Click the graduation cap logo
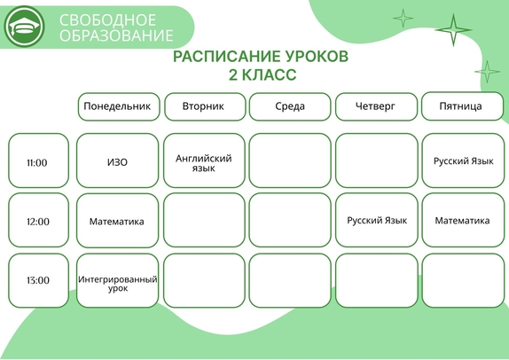[24, 27]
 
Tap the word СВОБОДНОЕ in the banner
[107, 20]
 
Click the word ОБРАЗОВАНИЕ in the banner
[116, 35]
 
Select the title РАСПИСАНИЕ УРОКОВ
[261, 57]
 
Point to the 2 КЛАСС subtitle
[262, 74]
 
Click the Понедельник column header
[119, 106]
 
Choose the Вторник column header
[205, 106]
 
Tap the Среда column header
[290, 106]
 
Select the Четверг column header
[376, 106]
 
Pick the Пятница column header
[462, 106]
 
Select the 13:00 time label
[38, 280]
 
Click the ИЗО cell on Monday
[118, 160]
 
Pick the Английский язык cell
[204, 160]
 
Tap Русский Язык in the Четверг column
[377, 220]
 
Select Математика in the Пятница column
[463, 220]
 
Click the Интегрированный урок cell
[118, 280]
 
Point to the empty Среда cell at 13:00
[290, 280]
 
